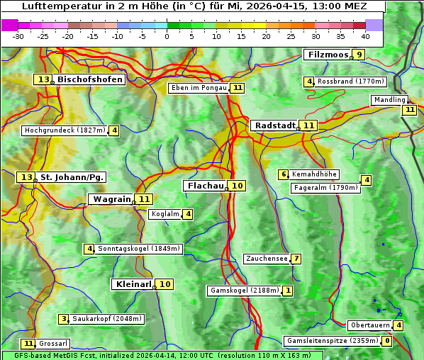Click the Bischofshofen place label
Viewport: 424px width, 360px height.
(x=90, y=80)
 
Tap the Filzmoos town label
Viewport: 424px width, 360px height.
(x=327, y=55)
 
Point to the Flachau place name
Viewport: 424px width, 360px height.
(x=205, y=186)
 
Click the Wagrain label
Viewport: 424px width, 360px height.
(x=112, y=200)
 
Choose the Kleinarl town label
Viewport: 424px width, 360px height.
(x=133, y=284)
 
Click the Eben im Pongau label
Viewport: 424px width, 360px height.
(x=199, y=88)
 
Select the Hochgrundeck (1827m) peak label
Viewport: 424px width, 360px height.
(x=65, y=130)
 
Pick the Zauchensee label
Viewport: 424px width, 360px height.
(x=267, y=259)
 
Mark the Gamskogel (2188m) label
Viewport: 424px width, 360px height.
(x=244, y=291)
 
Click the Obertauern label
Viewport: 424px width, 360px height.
(x=369, y=325)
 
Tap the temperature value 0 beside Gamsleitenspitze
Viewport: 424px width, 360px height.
(x=386, y=341)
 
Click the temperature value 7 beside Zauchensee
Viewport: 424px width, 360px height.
(x=296, y=259)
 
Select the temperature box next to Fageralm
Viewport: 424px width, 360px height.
(x=366, y=180)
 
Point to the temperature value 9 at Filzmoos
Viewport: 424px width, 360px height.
(x=359, y=55)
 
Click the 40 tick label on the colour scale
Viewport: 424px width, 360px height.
(x=365, y=36)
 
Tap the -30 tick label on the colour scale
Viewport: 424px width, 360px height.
(x=18, y=36)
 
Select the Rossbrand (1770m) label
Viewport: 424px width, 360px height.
(x=350, y=81)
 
